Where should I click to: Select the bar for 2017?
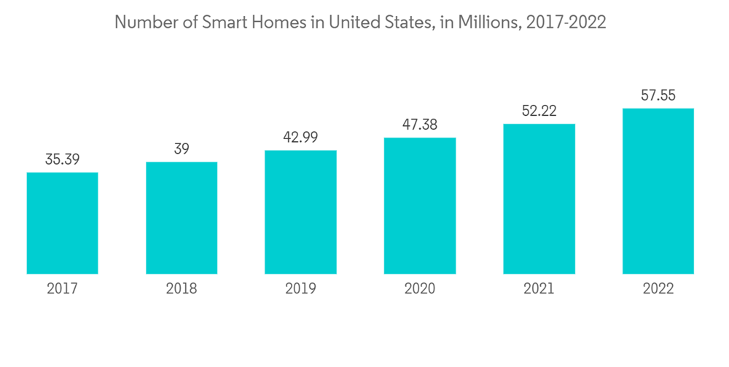(x=62, y=223)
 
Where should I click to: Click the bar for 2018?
(x=182, y=218)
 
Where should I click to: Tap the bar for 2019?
(x=300, y=212)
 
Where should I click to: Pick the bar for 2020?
(x=420, y=205)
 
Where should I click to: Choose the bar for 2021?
(x=539, y=199)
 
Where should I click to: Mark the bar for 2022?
(x=658, y=191)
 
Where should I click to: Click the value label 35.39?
(x=62, y=159)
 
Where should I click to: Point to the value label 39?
(x=182, y=149)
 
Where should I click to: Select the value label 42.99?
(x=300, y=137)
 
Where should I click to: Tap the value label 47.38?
(x=420, y=125)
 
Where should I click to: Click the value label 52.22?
(x=539, y=111)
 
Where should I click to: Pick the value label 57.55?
(x=658, y=95)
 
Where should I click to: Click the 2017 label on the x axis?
(x=62, y=289)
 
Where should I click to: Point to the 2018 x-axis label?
(x=182, y=289)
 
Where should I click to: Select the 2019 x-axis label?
(x=300, y=289)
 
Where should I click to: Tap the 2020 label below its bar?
(x=420, y=289)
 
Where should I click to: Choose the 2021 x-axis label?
(x=539, y=289)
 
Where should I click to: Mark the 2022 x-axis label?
(x=658, y=289)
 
